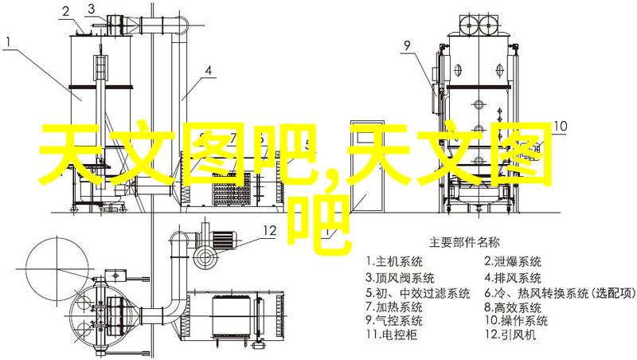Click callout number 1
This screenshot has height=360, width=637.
9,43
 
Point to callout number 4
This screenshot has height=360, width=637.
209,71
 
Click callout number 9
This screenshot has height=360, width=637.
408,45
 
